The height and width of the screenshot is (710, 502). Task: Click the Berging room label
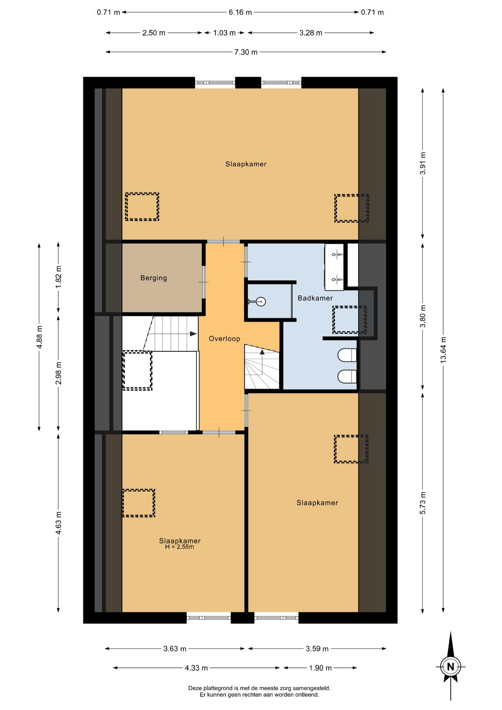(x=154, y=278)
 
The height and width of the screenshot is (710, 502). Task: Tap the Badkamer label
(x=315, y=298)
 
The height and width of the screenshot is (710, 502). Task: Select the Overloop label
(x=224, y=338)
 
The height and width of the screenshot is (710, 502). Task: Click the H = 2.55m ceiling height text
(x=179, y=547)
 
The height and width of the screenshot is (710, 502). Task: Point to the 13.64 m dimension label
(x=444, y=350)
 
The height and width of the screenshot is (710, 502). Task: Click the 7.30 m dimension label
(x=246, y=52)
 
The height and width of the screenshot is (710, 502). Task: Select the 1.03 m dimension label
(x=224, y=33)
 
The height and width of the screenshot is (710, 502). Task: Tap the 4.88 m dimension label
(x=40, y=337)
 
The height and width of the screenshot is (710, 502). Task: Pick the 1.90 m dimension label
(x=320, y=668)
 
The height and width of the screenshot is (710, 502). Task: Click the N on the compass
(x=451, y=667)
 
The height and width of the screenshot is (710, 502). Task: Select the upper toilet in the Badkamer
(x=347, y=355)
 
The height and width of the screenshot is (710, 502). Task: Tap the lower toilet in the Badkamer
(x=347, y=376)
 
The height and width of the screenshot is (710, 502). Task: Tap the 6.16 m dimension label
(x=240, y=12)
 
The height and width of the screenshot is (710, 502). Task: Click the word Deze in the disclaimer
(x=195, y=688)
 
